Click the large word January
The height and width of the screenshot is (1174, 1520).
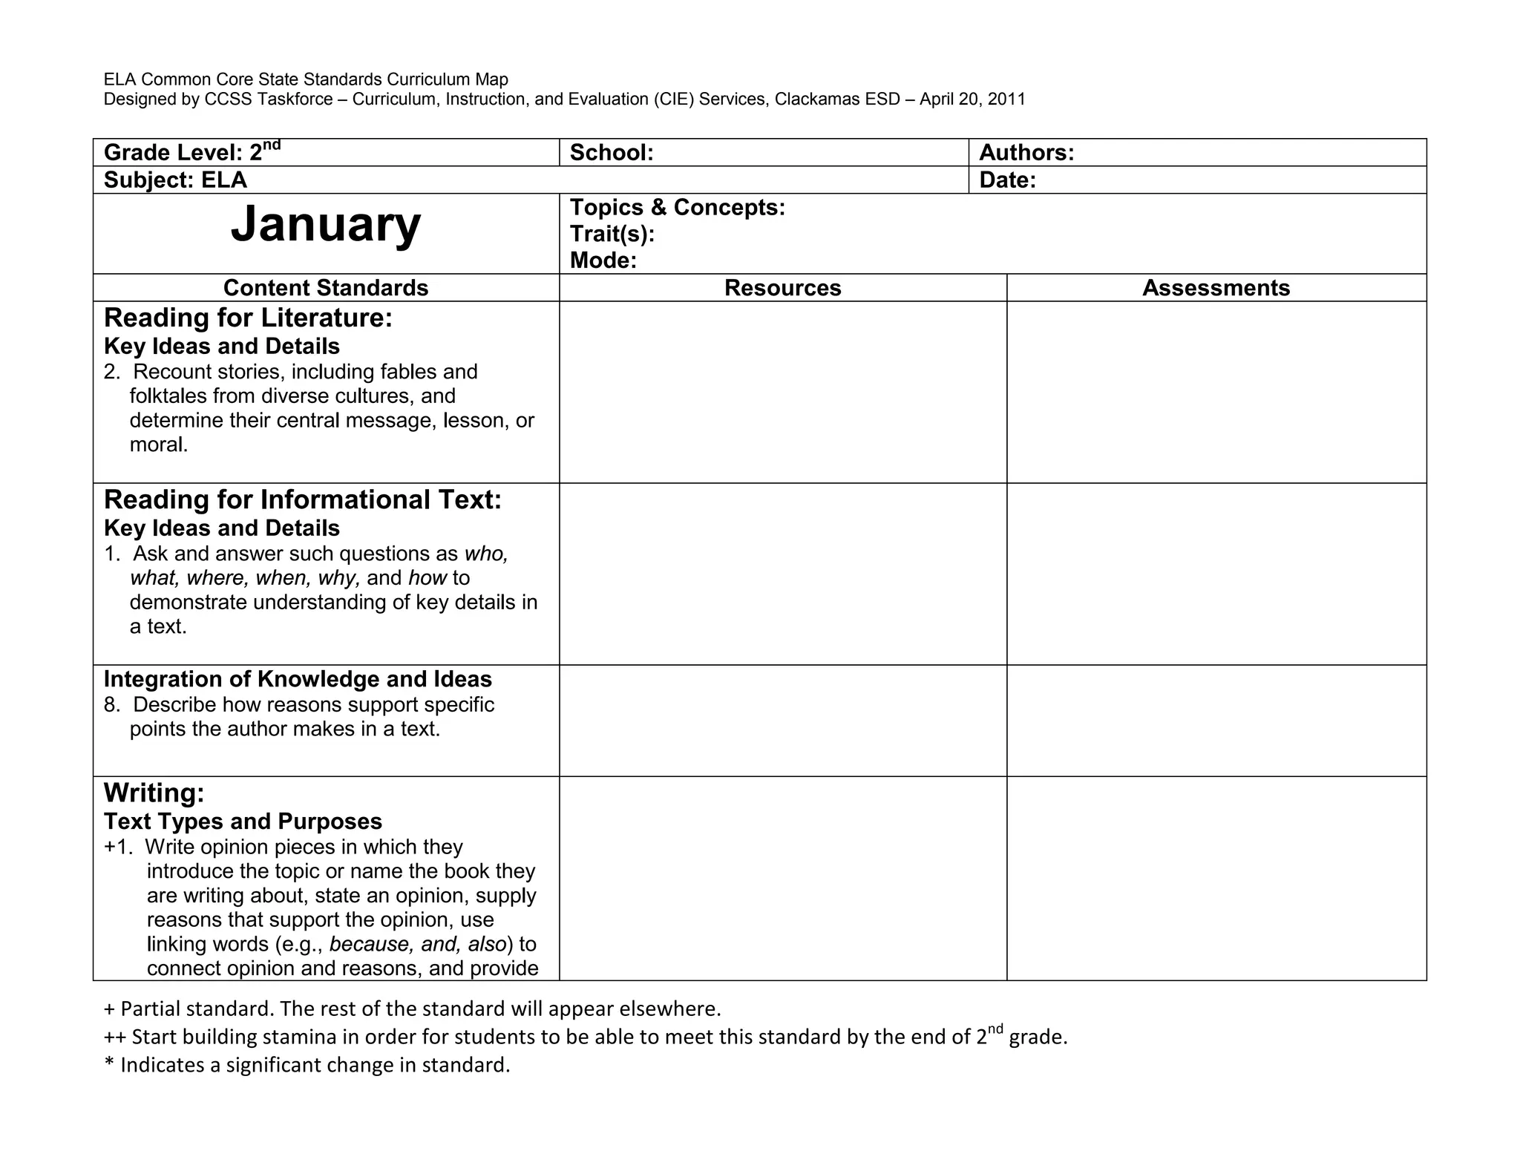point(325,224)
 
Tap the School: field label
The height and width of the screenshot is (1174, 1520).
point(612,153)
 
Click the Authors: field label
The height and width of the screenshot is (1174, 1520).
point(1026,153)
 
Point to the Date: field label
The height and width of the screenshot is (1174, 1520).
point(1007,180)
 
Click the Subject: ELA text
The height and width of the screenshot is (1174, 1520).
point(175,180)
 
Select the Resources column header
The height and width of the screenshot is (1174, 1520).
point(782,288)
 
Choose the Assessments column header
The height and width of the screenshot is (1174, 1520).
point(1216,288)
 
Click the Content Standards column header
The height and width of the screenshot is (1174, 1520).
point(326,288)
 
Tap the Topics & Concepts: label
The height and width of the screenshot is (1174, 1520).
point(677,208)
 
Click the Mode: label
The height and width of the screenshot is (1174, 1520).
point(603,260)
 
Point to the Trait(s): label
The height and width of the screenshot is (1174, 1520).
point(612,235)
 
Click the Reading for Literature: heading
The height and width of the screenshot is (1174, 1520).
point(248,318)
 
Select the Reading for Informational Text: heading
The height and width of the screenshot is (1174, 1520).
point(302,500)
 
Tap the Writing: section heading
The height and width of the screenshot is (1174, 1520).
point(154,793)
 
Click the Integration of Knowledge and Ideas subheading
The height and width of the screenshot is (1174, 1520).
point(298,680)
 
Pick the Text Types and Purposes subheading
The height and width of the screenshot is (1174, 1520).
point(243,822)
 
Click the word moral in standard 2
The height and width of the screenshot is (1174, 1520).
point(157,445)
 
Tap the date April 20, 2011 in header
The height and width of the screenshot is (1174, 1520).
point(972,99)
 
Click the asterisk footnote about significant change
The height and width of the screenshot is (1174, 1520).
point(307,1066)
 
